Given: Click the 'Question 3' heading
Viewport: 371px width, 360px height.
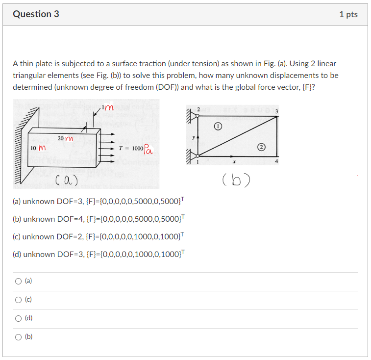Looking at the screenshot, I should coord(36,14).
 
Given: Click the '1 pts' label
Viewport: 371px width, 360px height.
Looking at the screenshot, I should coord(348,14).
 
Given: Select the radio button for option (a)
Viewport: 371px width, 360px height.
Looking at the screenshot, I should coord(18,281).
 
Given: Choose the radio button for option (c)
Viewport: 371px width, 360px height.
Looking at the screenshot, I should coord(18,300).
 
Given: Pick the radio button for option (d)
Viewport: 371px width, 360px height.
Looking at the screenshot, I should coord(18,318).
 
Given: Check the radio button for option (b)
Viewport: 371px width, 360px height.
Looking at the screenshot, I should coord(18,337).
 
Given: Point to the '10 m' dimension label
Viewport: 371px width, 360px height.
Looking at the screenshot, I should coord(38,148).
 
